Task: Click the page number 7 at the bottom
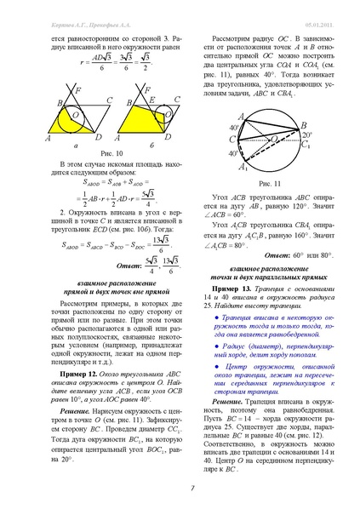tap(180, 487)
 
